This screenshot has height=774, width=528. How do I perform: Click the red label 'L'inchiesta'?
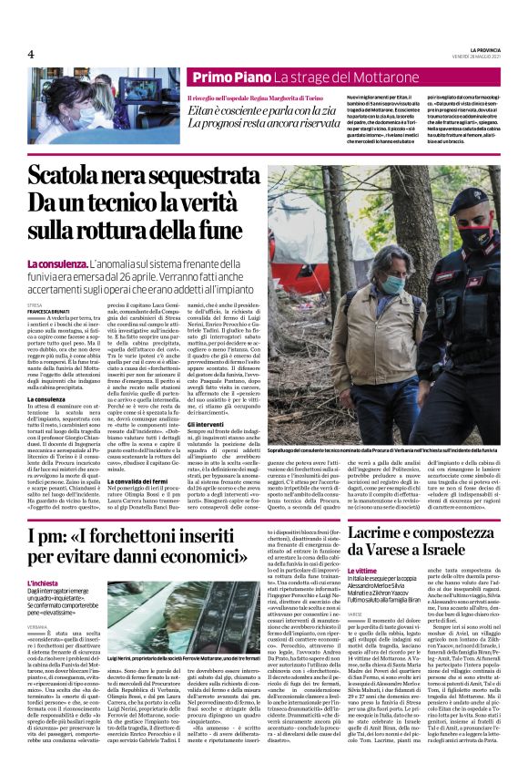coord(43,582)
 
